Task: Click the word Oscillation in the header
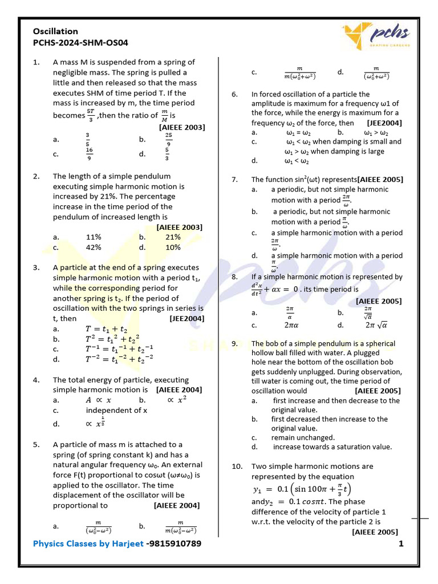point(55,31)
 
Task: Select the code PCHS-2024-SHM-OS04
point(80,42)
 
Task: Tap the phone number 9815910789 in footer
point(174,544)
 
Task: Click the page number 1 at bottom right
point(401,544)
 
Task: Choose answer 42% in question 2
point(94,248)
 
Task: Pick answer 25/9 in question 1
point(169,139)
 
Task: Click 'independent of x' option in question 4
point(116,410)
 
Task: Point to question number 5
point(36,444)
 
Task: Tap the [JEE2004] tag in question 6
point(384,123)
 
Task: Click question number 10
point(237,466)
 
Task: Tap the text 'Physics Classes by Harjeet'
point(88,544)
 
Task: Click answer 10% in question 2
point(173,248)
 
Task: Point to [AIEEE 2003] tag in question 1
point(182,127)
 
